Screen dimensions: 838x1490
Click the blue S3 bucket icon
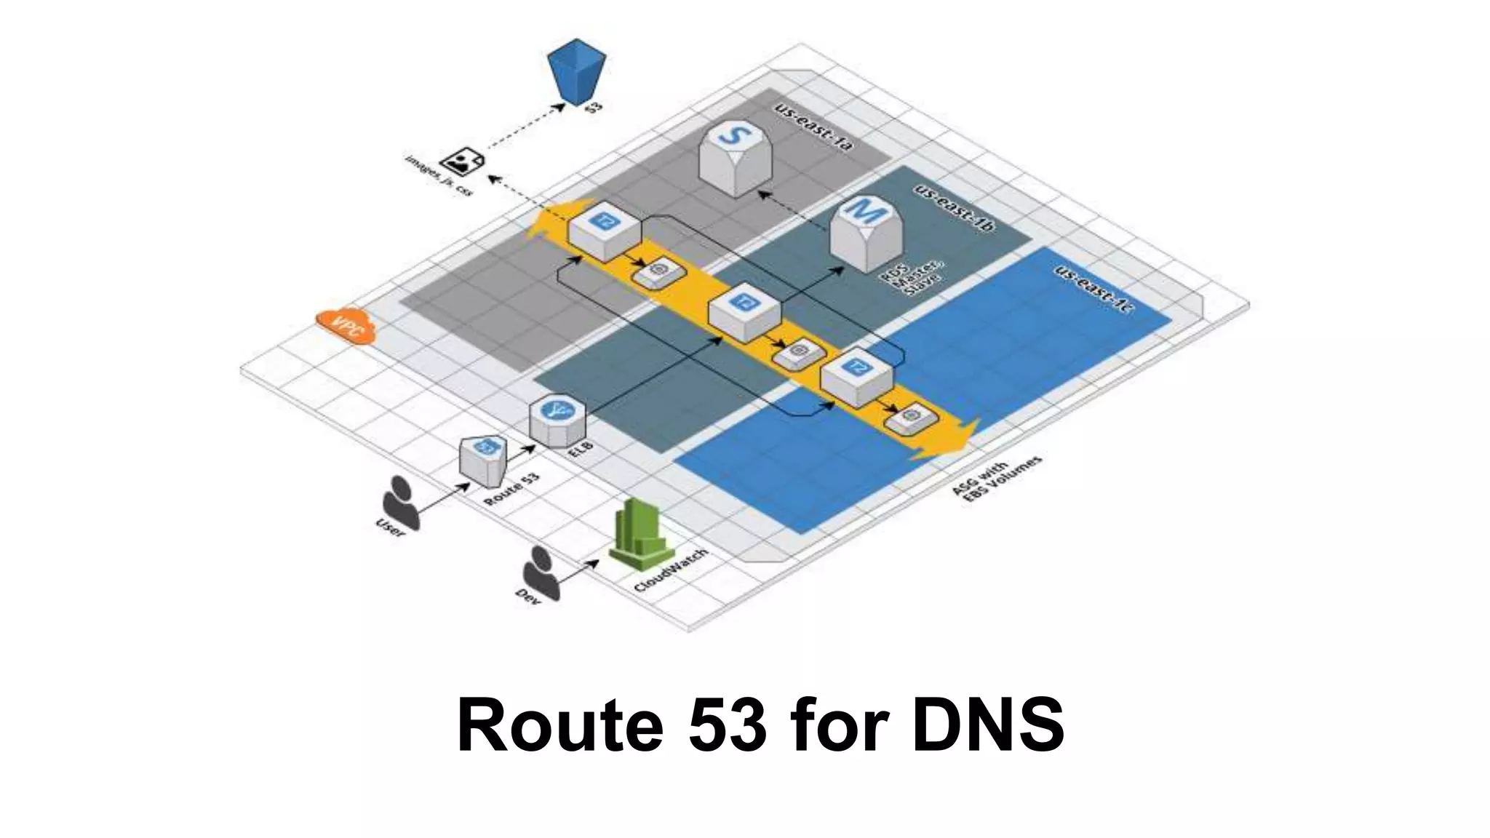(x=576, y=71)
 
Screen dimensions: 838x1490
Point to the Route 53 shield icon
(x=483, y=460)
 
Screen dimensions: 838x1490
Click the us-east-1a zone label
(x=813, y=129)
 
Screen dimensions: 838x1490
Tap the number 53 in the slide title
(x=727, y=725)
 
